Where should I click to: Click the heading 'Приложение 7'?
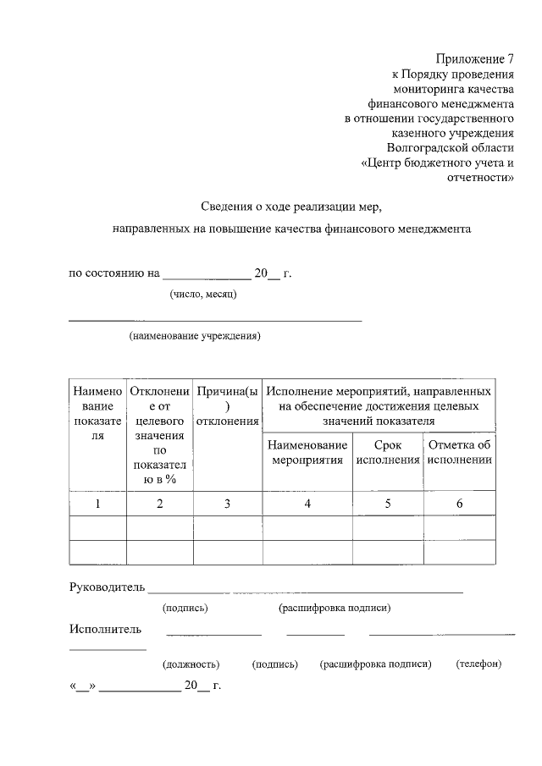tap(475, 59)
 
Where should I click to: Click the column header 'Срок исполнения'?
tap(388, 452)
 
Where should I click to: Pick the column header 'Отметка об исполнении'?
tap(460, 452)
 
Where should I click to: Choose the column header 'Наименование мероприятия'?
tap(307, 452)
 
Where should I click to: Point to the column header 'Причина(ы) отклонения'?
tap(227, 406)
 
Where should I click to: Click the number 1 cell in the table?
tap(97, 504)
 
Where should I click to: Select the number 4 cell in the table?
tap(307, 504)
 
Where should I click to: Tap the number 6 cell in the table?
tap(460, 504)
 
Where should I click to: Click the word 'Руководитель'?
tap(107, 587)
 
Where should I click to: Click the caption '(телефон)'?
tap(478, 664)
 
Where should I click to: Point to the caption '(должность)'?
tap(191, 664)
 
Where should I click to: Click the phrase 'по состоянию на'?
tap(113, 273)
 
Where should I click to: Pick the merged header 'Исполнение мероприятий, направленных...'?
tap(379, 405)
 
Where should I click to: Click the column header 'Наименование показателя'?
tap(97, 413)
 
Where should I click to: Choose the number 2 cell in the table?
tap(159, 504)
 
